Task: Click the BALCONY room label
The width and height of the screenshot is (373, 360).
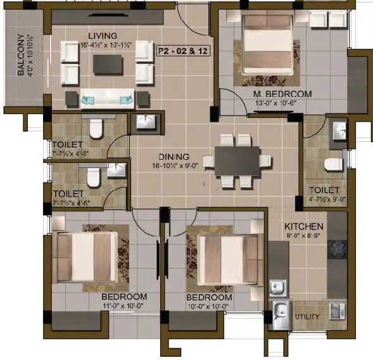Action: point(20,55)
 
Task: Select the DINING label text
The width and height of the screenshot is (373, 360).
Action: point(174,157)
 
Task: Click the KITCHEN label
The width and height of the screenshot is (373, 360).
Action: point(304,226)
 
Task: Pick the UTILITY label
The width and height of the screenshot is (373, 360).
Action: point(307,317)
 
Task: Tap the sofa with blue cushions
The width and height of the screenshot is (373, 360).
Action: point(108,98)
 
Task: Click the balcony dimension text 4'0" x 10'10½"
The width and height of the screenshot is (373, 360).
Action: point(31,55)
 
